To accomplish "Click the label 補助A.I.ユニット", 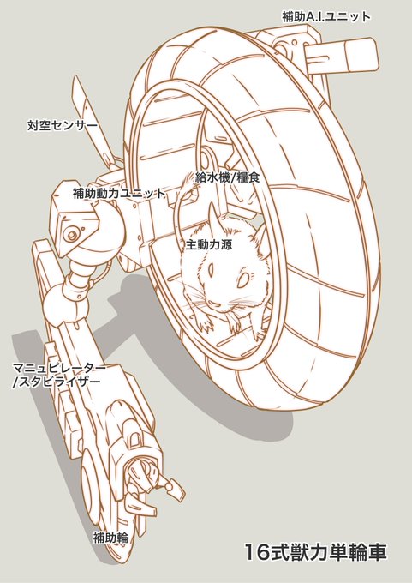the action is click(325, 17).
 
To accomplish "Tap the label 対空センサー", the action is click(62, 125).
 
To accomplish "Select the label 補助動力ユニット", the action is click(118, 194).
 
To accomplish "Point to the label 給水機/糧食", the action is click(227, 177).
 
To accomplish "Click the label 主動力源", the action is click(209, 244).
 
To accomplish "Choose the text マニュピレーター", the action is click(59, 367).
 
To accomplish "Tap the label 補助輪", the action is click(110, 538).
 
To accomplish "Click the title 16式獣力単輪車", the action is click(315, 552).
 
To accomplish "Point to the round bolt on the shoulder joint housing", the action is click(70, 235).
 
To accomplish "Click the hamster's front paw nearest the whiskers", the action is click(206, 325).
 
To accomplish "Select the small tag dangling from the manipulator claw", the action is click(176, 490).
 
